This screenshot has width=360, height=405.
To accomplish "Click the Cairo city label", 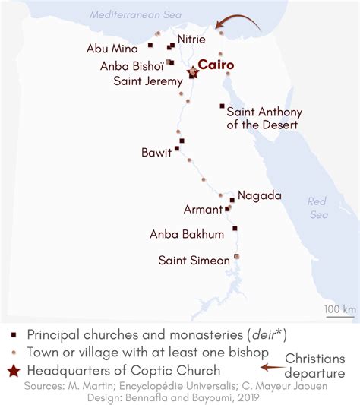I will click(x=216, y=65).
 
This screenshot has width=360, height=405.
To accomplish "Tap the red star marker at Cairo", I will click(x=193, y=72).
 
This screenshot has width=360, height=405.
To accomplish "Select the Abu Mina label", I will click(x=112, y=49).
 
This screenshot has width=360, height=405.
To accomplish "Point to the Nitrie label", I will click(x=191, y=39).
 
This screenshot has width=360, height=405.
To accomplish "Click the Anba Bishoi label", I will click(x=132, y=65).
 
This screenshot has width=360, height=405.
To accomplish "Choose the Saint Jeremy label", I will click(x=147, y=81).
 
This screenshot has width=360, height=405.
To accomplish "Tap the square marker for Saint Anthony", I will click(x=222, y=106).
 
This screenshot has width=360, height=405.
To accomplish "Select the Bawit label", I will click(x=156, y=152).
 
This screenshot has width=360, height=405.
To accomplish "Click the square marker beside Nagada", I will click(x=232, y=200).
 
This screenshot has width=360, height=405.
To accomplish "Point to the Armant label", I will click(x=203, y=209).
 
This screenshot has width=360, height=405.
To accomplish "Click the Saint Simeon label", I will click(x=194, y=261).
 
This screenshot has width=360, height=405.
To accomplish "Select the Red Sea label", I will click(x=317, y=207).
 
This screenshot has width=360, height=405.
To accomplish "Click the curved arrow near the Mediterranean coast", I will click(x=242, y=21).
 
